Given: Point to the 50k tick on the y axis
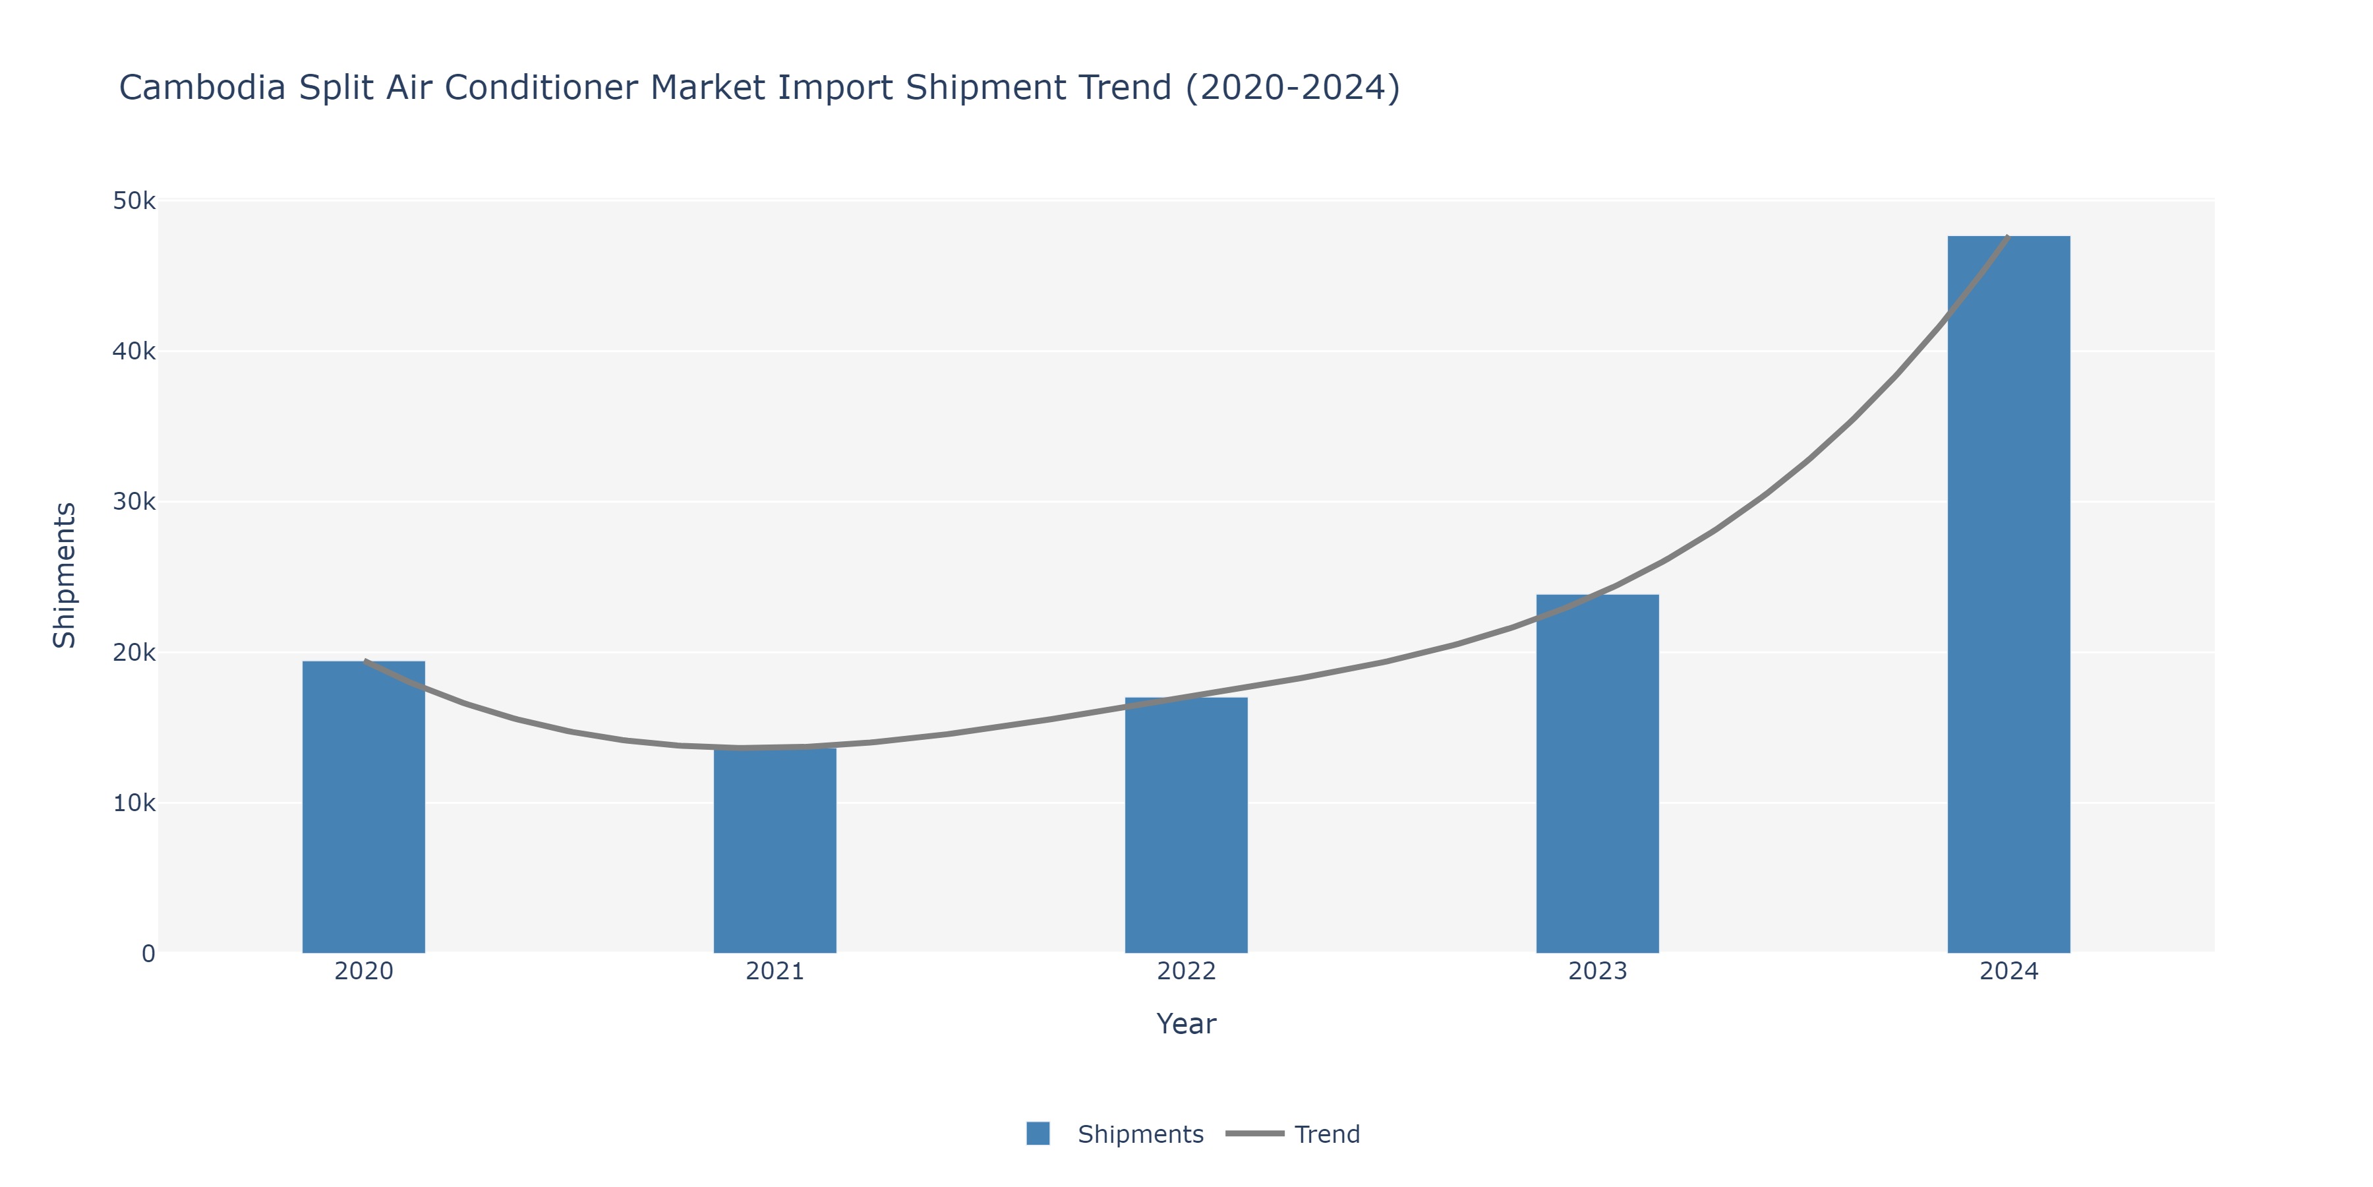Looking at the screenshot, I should click(134, 201).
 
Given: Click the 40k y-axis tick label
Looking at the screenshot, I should click(134, 351).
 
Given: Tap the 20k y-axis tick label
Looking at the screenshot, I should click(134, 652).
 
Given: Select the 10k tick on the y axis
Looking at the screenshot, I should click(134, 803).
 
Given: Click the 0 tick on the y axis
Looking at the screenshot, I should click(148, 954).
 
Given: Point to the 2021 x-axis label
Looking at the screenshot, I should click(775, 971).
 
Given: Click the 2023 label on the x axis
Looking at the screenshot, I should click(1597, 971).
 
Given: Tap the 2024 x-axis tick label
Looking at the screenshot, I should click(2008, 971).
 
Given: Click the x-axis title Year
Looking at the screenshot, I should click(1186, 1024).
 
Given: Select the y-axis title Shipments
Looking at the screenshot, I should click(65, 575).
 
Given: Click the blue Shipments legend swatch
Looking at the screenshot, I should click(1038, 1134).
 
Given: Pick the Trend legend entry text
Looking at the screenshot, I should click(1326, 1134).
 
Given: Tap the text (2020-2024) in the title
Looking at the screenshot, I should click(1293, 88).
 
